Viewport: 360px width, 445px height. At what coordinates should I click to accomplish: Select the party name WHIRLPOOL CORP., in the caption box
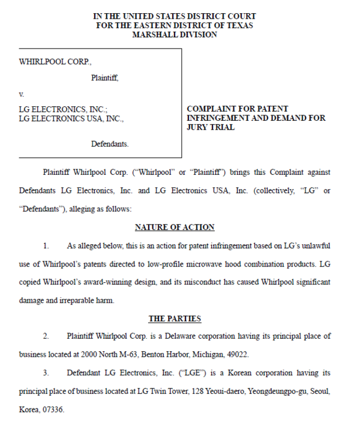[55, 61]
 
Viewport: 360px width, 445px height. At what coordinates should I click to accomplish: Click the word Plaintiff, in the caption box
[104, 77]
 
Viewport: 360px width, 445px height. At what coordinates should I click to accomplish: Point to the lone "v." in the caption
[22, 94]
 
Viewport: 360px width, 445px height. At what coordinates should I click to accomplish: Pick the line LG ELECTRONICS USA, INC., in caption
[71, 118]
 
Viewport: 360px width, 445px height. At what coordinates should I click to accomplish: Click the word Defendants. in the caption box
[109, 144]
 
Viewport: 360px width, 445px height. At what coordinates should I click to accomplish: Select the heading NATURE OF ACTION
[175, 227]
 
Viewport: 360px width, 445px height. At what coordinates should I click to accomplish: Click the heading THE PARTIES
[175, 318]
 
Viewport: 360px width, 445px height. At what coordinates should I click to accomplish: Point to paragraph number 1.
[46, 246]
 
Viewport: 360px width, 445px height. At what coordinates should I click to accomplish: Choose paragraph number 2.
[46, 336]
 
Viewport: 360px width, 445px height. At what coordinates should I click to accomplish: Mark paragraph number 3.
[46, 373]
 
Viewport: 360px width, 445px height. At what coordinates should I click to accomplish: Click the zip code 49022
[235, 355]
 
